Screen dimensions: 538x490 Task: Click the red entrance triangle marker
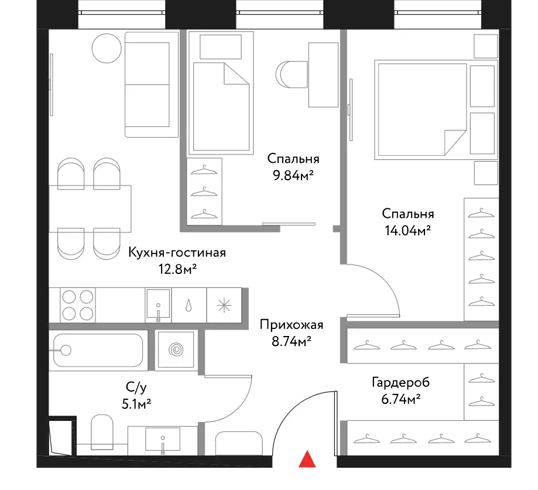point(307,459)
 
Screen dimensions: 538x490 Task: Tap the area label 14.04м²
point(407,231)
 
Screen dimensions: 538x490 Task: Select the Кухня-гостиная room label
point(177,252)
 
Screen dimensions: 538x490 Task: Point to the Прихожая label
point(292,324)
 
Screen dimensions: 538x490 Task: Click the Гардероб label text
point(401,382)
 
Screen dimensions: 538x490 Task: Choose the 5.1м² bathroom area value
point(136,404)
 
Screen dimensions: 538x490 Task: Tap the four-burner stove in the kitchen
point(78,304)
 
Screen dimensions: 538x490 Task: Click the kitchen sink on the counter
point(158,304)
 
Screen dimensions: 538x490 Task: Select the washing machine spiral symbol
point(176,349)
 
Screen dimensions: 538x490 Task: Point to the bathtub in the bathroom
point(98,350)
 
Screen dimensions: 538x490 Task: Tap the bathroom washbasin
point(163,439)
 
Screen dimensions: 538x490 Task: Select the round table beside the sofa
point(107,49)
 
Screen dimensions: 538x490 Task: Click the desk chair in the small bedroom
point(292,74)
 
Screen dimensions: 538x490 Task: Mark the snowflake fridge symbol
point(224,305)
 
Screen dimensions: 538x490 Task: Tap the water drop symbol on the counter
point(189,305)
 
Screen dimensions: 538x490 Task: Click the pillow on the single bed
point(221,47)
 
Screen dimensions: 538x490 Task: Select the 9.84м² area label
point(293,176)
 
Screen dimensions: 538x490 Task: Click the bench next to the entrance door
point(239,443)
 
